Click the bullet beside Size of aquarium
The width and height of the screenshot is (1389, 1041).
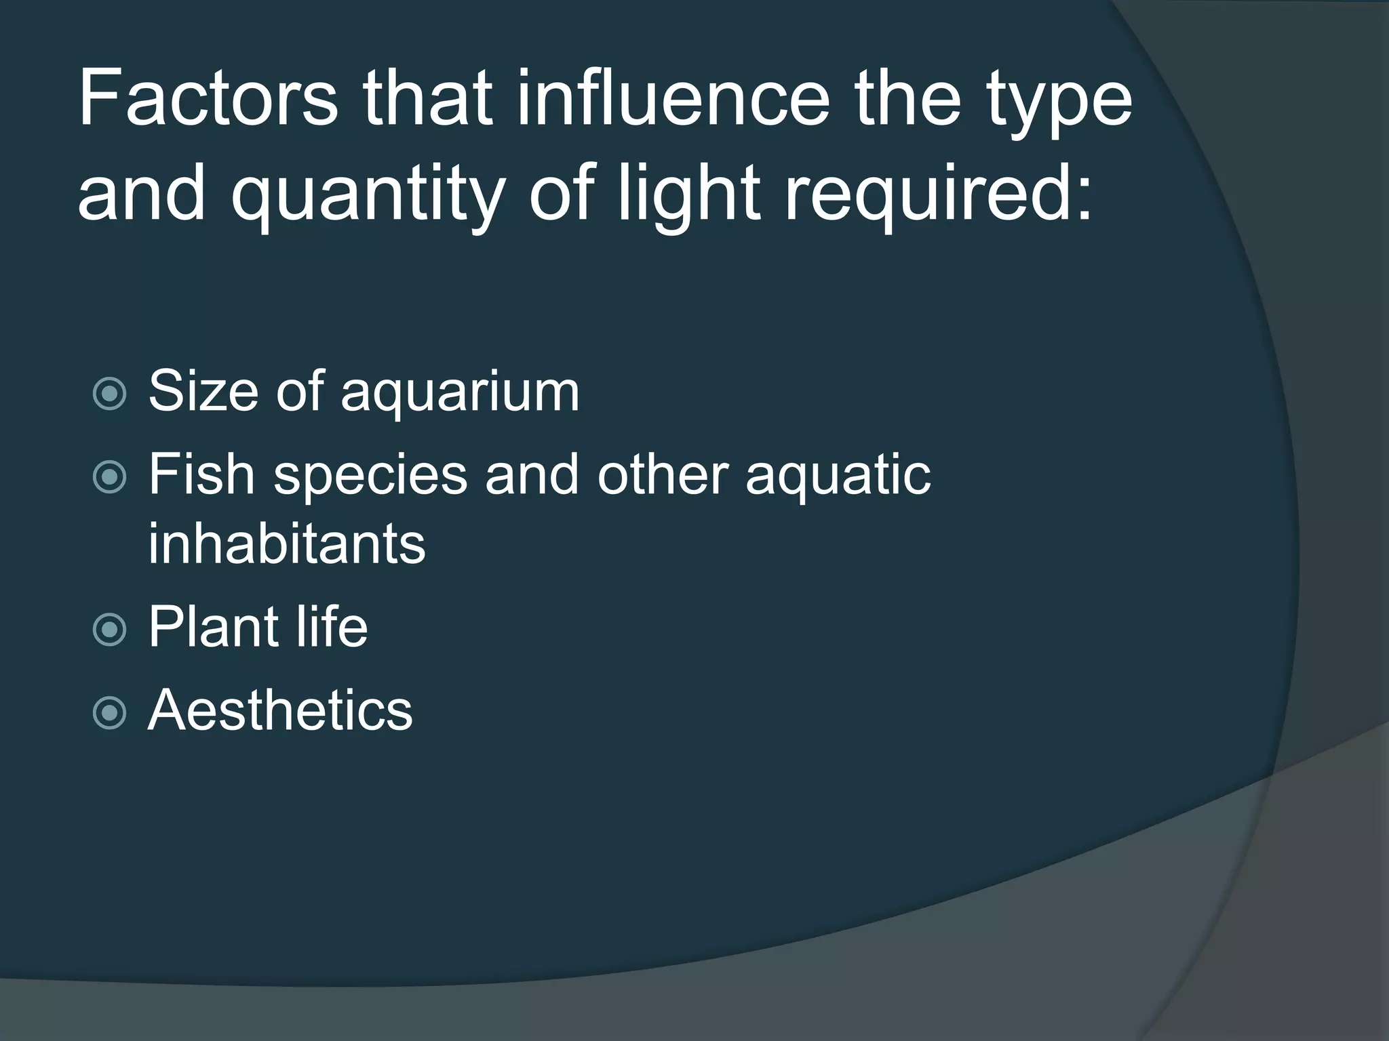tap(109, 394)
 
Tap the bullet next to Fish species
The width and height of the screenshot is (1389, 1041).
tap(109, 476)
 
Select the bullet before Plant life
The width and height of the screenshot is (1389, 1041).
tap(109, 629)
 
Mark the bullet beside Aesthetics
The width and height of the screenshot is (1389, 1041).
tap(109, 712)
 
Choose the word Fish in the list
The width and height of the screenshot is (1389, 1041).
tap(201, 474)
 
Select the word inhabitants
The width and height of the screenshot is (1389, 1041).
tap(287, 544)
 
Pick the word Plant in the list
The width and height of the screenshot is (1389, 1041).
tap(212, 626)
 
